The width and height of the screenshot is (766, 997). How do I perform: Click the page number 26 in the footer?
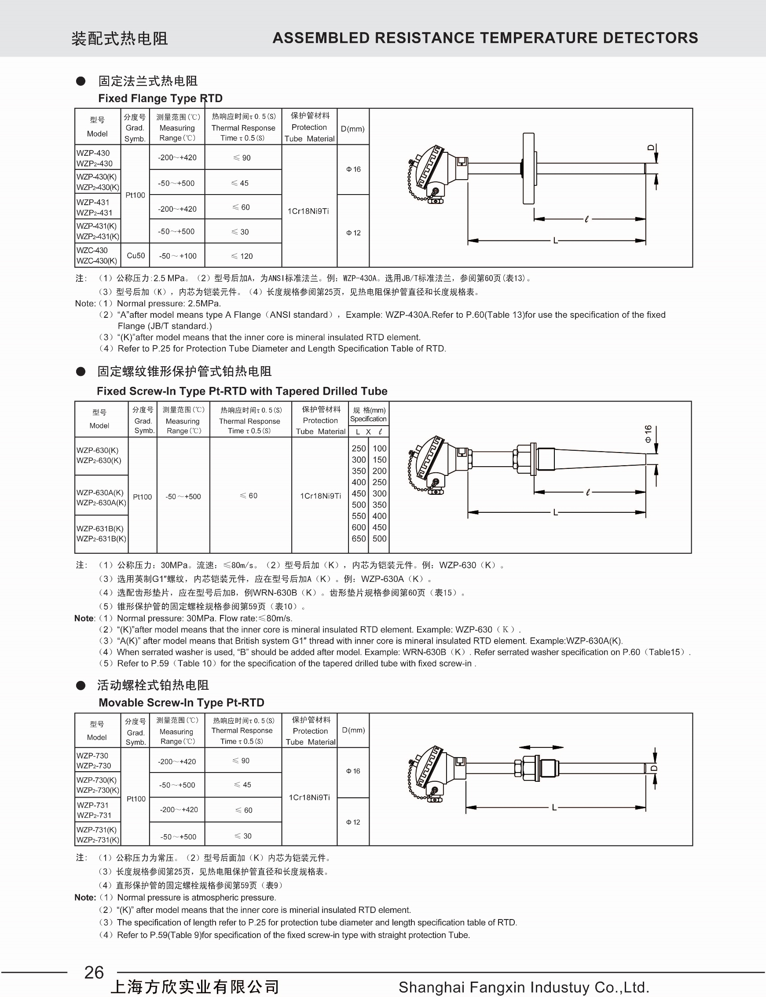click(x=94, y=972)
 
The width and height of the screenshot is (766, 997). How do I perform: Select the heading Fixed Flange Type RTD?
click(x=160, y=99)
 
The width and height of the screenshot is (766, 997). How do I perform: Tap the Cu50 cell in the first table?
click(x=136, y=255)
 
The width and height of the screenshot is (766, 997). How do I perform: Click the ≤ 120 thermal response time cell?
click(x=242, y=256)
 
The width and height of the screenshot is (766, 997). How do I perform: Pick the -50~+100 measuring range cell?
click(x=177, y=256)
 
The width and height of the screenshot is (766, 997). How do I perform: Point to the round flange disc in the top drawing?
click(x=528, y=168)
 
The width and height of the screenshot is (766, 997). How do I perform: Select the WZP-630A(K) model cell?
click(x=101, y=497)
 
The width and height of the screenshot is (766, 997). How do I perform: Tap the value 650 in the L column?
click(x=359, y=539)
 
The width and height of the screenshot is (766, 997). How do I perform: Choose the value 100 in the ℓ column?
click(x=379, y=449)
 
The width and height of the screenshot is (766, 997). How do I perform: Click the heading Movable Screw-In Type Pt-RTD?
click(x=181, y=703)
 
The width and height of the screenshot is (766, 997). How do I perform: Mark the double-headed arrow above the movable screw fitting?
click(x=541, y=747)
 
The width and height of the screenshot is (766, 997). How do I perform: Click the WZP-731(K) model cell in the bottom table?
click(x=98, y=835)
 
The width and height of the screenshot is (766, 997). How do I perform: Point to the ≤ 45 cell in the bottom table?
click(x=242, y=784)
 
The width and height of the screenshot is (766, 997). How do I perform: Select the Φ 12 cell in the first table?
click(x=353, y=232)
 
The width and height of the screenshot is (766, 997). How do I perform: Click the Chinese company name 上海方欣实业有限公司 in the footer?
click(x=195, y=987)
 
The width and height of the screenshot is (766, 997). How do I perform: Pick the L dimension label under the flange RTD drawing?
click(x=555, y=240)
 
